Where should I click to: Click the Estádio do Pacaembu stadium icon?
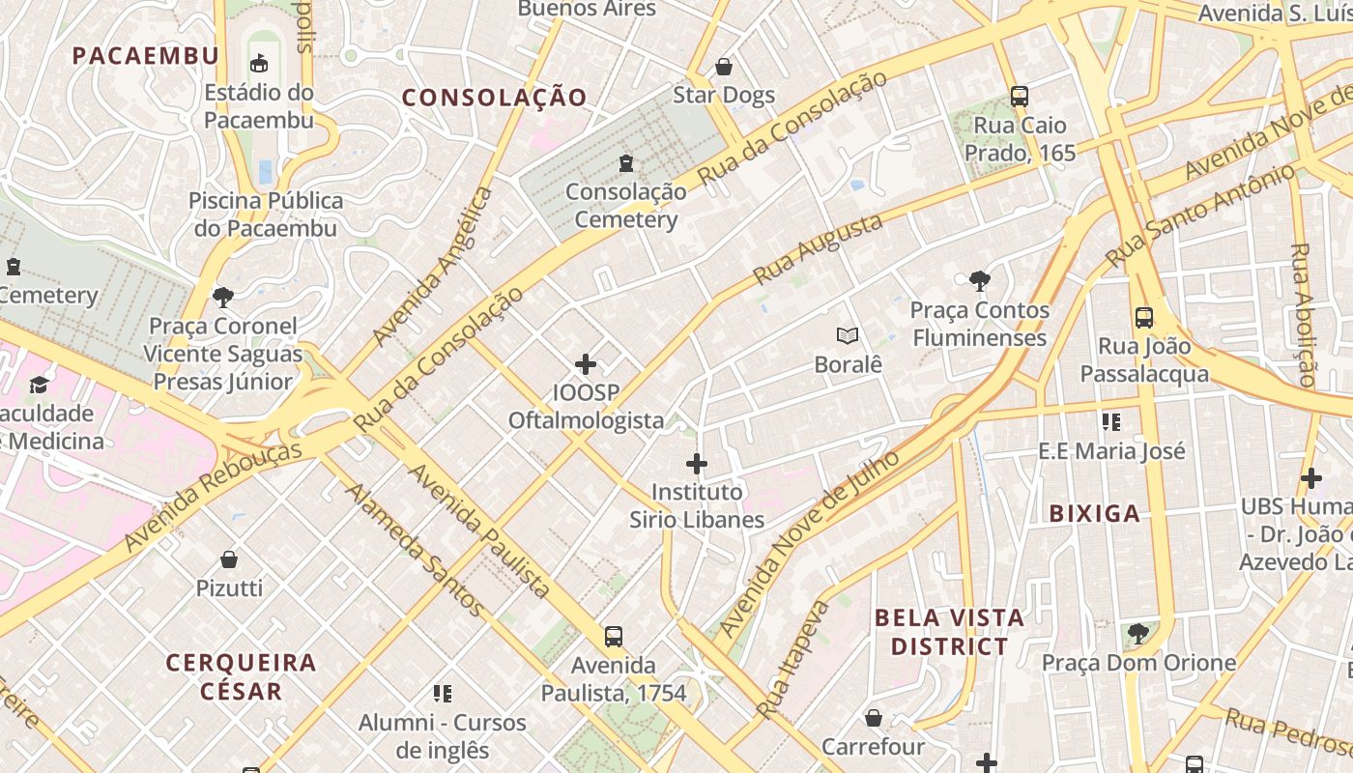258,64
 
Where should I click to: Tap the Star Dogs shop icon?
723,67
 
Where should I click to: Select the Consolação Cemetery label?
625,205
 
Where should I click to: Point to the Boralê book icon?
848,335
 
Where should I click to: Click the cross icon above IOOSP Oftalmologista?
586,364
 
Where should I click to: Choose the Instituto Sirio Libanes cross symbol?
697,464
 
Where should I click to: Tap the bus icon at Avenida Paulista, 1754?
614,636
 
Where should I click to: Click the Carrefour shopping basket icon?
873,718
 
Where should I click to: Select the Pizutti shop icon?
229,559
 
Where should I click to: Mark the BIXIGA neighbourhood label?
1094,513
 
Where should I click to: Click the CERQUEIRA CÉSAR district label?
241,676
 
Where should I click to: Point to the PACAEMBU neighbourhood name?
146,55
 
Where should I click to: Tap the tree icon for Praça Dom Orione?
1138,634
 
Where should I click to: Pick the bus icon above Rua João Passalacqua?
1144,317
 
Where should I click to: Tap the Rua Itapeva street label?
793,659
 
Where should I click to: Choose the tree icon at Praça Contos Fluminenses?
979,281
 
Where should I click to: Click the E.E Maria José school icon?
1111,421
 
